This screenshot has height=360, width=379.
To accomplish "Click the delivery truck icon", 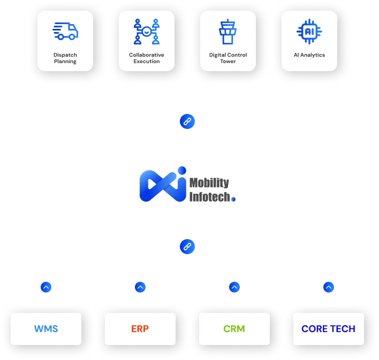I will click(x=65, y=31).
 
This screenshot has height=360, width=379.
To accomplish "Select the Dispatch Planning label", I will click(x=65, y=58).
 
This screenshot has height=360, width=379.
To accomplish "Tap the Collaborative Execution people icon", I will click(x=147, y=31).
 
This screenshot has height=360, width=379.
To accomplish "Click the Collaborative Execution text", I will click(x=147, y=58).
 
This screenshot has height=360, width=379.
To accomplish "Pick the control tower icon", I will click(x=228, y=31).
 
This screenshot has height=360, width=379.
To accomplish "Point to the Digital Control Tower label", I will click(x=228, y=58).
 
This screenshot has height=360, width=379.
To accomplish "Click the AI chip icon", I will click(x=309, y=31).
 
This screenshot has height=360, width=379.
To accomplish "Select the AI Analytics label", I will click(x=309, y=55).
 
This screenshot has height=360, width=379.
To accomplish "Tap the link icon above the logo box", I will click(x=187, y=121).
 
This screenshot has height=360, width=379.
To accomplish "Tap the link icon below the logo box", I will click(x=187, y=247).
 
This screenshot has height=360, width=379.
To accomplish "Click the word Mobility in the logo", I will click(x=209, y=183).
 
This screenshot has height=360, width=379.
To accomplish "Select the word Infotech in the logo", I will click(x=210, y=197).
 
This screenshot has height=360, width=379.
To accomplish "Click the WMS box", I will click(x=46, y=328).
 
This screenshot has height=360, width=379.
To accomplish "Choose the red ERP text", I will click(x=140, y=328).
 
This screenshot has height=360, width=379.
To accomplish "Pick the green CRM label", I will click(x=234, y=328).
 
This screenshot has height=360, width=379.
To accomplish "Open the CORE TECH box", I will click(x=328, y=328).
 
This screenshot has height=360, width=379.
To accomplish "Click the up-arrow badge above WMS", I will click(x=46, y=287).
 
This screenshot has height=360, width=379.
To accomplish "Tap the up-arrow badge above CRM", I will click(x=234, y=287).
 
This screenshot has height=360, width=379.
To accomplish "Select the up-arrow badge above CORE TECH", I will click(x=328, y=287).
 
